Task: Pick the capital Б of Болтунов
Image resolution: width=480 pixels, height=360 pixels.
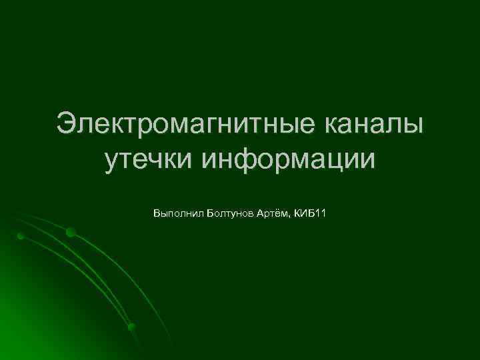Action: [210, 214]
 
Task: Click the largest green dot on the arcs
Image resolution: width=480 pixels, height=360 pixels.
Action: [71, 233]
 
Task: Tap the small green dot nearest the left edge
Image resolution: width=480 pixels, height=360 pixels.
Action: [21, 236]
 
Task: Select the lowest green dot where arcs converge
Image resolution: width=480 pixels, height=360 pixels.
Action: [131, 327]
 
